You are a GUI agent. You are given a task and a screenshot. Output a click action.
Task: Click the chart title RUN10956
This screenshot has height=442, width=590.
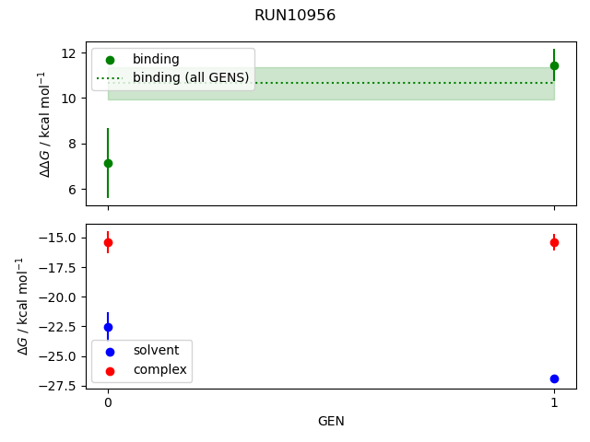295,16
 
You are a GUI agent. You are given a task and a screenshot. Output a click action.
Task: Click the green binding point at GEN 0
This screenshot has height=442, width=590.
108,163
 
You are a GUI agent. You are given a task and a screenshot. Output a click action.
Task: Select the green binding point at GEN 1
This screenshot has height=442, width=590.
554,65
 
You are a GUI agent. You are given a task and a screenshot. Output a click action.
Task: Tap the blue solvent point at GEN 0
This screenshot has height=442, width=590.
108,327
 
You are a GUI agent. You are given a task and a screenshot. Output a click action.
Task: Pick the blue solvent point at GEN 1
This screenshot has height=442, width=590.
554,378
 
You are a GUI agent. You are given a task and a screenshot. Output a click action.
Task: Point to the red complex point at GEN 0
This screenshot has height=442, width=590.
108,243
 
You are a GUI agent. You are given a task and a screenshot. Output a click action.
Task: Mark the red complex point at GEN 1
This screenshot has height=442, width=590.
554,242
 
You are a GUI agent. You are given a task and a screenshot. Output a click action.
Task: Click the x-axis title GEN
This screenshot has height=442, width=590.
331,421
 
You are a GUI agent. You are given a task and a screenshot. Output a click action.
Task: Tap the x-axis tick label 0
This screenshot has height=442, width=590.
108,402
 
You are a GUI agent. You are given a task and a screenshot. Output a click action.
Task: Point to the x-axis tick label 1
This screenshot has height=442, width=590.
554,402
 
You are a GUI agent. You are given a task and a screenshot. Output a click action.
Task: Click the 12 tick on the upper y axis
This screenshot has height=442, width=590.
71,52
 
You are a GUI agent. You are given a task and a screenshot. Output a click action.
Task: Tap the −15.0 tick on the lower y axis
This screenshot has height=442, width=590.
62,238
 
